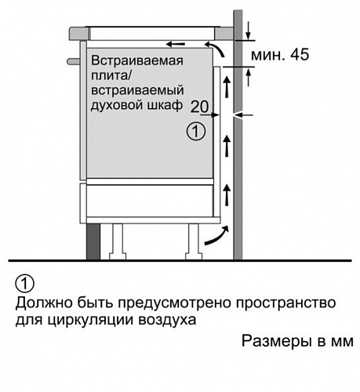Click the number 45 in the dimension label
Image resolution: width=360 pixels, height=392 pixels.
tap(300, 55)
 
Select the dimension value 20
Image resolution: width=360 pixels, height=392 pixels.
tap(199, 107)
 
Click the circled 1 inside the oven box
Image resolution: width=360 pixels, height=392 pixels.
tap(196, 132)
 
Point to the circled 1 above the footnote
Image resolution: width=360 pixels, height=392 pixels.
tap(25, 284)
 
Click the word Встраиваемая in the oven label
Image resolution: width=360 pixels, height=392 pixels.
tap(137, 61)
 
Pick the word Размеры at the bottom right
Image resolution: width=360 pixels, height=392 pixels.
tap(276, 342)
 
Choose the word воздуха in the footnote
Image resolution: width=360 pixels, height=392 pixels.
tap(167, 321)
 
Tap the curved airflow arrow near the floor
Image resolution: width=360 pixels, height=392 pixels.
tap(217, 237)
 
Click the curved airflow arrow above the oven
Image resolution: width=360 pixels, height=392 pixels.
tap(216, 48)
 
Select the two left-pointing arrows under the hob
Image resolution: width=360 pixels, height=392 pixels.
tap(176, 44)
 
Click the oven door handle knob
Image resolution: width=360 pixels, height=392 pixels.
tap(74, 61)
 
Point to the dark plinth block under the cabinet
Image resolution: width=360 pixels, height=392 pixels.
tap(93, 241)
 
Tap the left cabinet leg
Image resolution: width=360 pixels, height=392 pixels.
tap(118, 241)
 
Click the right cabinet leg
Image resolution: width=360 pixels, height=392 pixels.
tap(194, 241)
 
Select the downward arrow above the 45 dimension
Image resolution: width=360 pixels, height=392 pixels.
tap(248, 30)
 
